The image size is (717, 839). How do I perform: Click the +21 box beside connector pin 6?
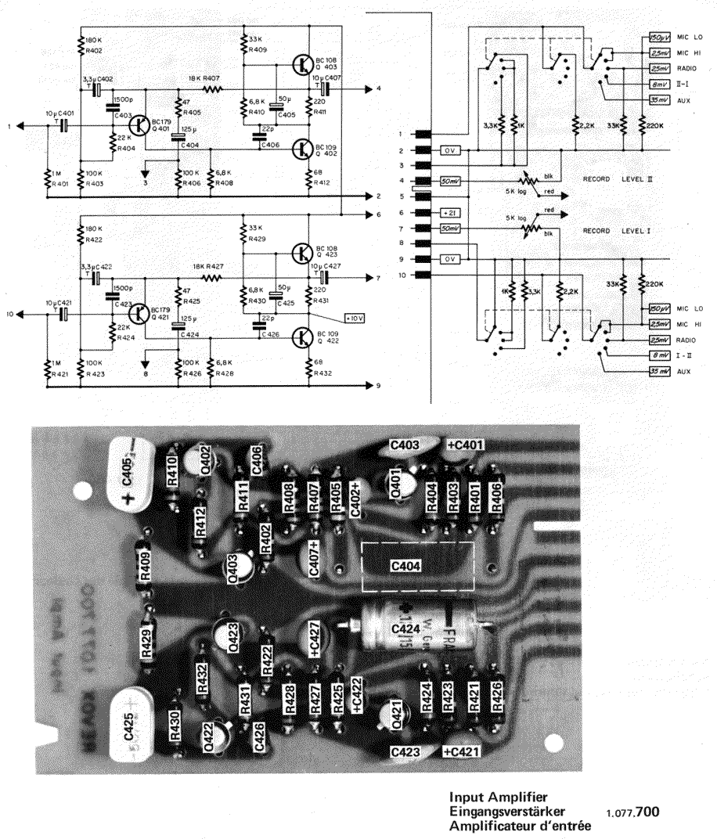(451, 213)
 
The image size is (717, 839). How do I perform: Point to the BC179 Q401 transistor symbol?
(141, 125)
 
